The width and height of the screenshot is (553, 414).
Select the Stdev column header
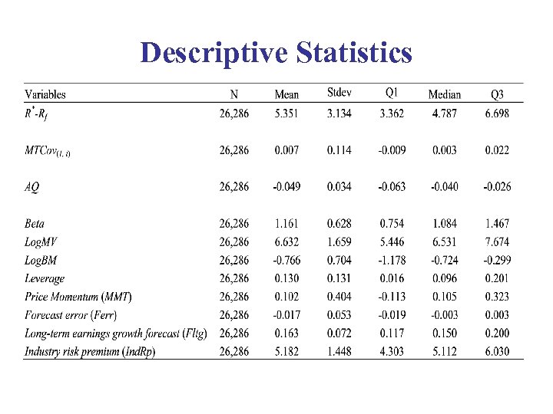[x=339, y=94]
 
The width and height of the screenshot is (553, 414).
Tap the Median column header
[x=445, y=94]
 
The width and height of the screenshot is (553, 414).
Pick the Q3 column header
[x=497, y=94]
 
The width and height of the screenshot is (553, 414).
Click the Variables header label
[x=45, y=94]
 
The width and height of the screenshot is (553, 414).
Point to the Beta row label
[x=35, y=224]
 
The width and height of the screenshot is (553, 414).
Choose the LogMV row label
[x=41, y=242]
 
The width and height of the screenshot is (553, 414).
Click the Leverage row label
[x=45, y=278]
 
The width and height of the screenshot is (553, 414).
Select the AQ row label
[x=33, y=187]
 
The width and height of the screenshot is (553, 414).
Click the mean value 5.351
[x=287, y=114]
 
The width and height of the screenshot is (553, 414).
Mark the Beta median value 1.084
[x=444, y=224]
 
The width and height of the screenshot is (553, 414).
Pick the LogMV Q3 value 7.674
[x=497, y=242]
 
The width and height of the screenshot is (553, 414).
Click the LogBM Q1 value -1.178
[x=391, y=261]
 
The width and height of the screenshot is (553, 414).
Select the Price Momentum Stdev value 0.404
[x=339, y=297]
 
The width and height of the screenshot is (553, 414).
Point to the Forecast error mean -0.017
[x=286, y=315]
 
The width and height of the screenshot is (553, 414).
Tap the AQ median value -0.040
[x=443, y=187]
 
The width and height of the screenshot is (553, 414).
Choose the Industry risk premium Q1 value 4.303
[x=392, y=351]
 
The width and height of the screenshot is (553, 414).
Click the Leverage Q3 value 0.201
[x=497, y=278]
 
